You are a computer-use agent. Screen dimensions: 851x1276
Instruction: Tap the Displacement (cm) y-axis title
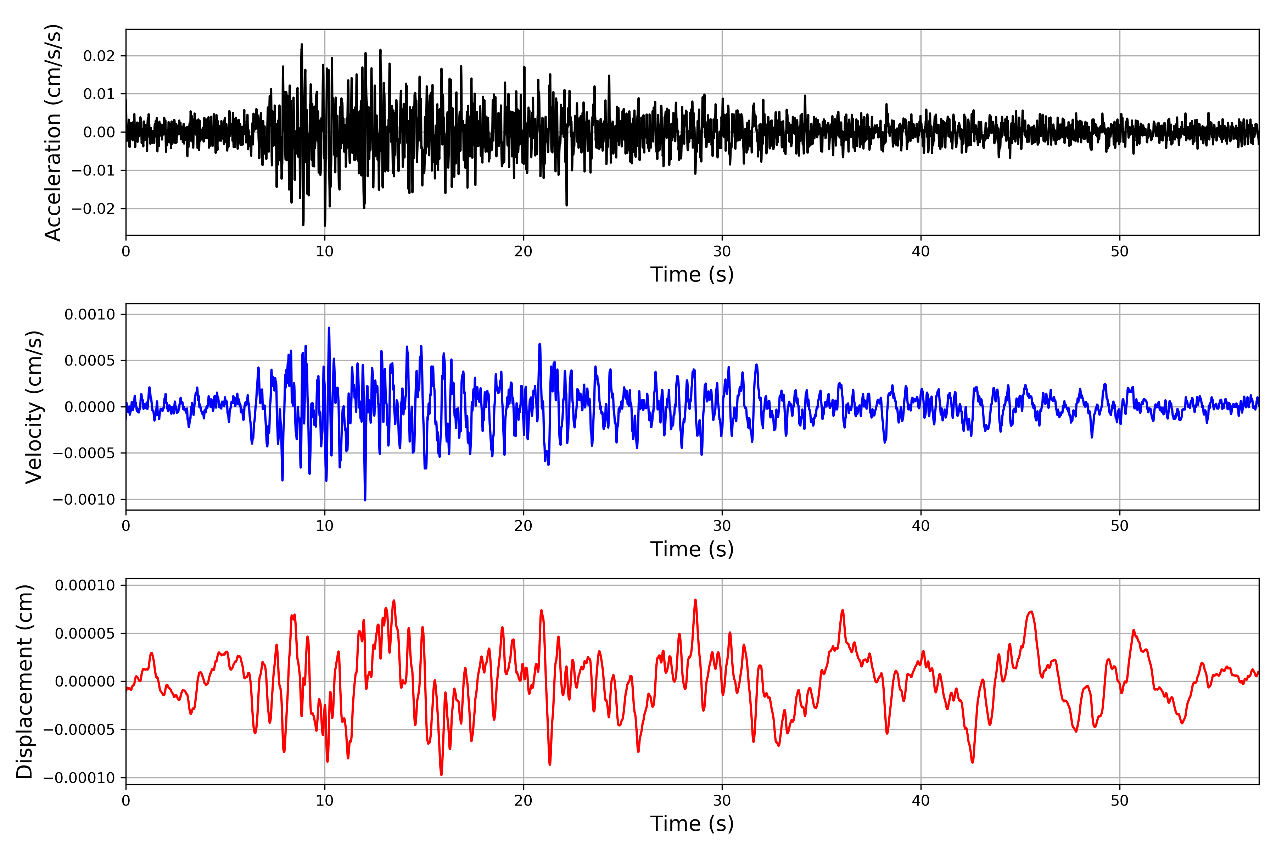point(24,681)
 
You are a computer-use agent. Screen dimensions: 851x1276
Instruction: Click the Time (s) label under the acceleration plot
point(692,274)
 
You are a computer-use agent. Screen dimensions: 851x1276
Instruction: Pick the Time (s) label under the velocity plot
point(692,549)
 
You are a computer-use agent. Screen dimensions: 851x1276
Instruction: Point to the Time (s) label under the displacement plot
point(692,824)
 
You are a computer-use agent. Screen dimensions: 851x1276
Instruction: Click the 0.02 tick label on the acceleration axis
point(99,56)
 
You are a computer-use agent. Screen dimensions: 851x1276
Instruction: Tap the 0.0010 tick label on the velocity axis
point(90,314)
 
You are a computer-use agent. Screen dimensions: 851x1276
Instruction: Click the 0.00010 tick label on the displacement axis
point(85,585)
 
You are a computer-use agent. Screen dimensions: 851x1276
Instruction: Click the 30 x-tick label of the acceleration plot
point(722,252)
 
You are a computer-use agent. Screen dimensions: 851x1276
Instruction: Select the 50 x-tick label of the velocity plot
point(1119,526)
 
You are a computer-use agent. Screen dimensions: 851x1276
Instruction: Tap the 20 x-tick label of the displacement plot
point(523,801)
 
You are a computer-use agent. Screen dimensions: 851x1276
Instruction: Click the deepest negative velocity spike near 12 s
point(365,499)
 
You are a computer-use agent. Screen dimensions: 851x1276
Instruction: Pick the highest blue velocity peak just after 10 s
point(329,328)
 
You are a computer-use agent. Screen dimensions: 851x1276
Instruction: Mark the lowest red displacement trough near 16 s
point(441,774)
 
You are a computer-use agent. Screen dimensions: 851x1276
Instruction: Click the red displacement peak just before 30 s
point(695,600)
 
